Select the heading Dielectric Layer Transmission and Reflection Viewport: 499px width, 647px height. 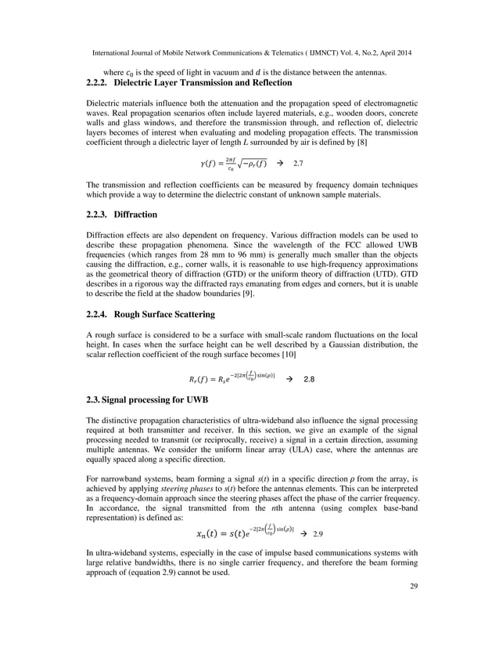(203, 83)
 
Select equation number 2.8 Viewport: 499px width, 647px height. (308, 379)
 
